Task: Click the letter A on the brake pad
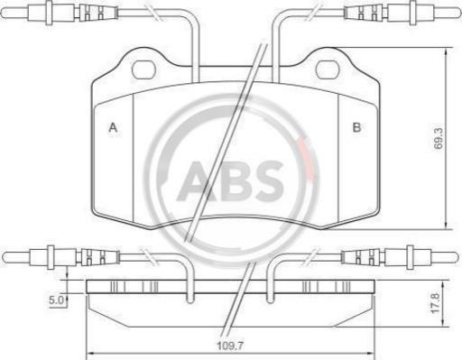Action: (113, 127)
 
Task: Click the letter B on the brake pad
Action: (356, 127)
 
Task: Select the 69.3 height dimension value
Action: (439, 138)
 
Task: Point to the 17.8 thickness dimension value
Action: (436, 303)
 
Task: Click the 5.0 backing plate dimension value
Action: (57, 300)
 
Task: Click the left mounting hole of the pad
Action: (143, 70)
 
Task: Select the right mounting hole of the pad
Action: (327, 69)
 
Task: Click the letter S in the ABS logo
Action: (267, 181)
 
